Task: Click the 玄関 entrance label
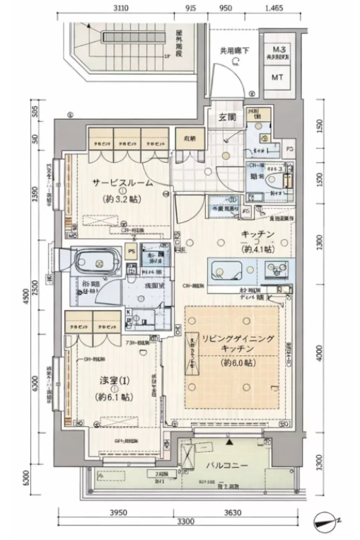tap(226, 117)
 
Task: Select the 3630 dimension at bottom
tap(233, 512)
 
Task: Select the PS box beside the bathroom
tap(131, 250)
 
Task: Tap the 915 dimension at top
tap(191, 9)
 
